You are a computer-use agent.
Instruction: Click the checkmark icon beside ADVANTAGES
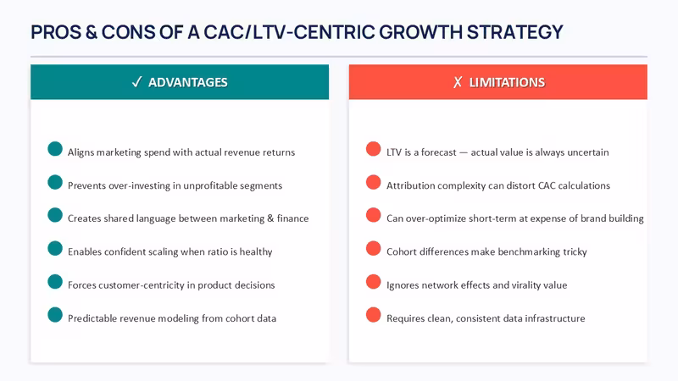[x=137, y=82]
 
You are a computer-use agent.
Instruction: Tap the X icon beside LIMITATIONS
[x=458, y=82]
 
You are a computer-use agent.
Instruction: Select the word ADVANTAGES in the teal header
[x=187, y=82]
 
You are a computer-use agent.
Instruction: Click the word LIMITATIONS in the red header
[x=507, y=82]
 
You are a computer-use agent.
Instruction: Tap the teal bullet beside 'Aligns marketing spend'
[x=55, y=149]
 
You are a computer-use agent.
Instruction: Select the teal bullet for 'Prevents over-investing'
[x=55, y=182]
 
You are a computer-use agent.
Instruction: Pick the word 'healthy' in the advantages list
[x=256, y=251]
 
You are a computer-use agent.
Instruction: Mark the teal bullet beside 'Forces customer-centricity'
[x=55, y=282]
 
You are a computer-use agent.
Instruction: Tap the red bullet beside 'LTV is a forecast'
[x=373, y=149]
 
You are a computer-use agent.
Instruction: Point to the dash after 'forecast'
[x=464, y=153]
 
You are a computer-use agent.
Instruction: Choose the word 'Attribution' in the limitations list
[x=408, y=185]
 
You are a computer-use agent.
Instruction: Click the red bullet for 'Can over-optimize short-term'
[x=373, y=215]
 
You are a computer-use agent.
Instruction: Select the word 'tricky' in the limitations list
[x=575, y=251]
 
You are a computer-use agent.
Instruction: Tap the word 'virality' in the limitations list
[x=526, y=285]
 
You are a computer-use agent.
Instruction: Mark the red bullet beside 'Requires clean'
[x=373, y=315]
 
